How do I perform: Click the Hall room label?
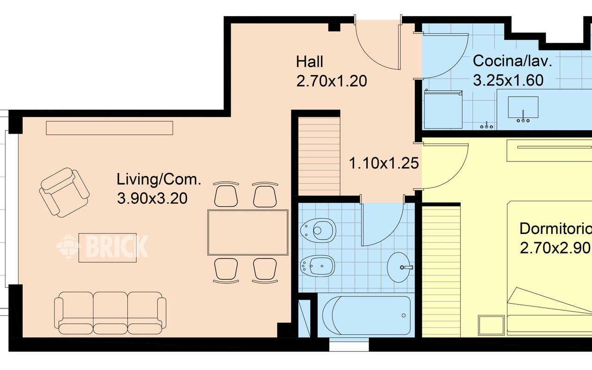click(309, 62)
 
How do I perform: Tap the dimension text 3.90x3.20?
click(152, 198)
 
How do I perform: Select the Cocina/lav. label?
click(512, 62)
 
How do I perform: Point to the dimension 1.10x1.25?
click(384, 163)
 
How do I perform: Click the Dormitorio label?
click(555, 229)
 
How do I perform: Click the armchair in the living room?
click(64, 192)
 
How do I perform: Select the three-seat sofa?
click(110, 313)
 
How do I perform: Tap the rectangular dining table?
click(247, 233)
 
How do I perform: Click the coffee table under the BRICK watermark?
click(108, 247)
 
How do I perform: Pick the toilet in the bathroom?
click(318, 230)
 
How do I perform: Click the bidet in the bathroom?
click(318, 266)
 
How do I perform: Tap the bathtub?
click(367, 315)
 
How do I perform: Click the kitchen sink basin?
click(523, 107)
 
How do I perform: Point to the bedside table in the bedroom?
click(491, 325)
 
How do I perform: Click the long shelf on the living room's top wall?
click(110, 128)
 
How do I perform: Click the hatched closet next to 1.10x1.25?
click(319, 156)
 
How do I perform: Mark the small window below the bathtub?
click(349, 346)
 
